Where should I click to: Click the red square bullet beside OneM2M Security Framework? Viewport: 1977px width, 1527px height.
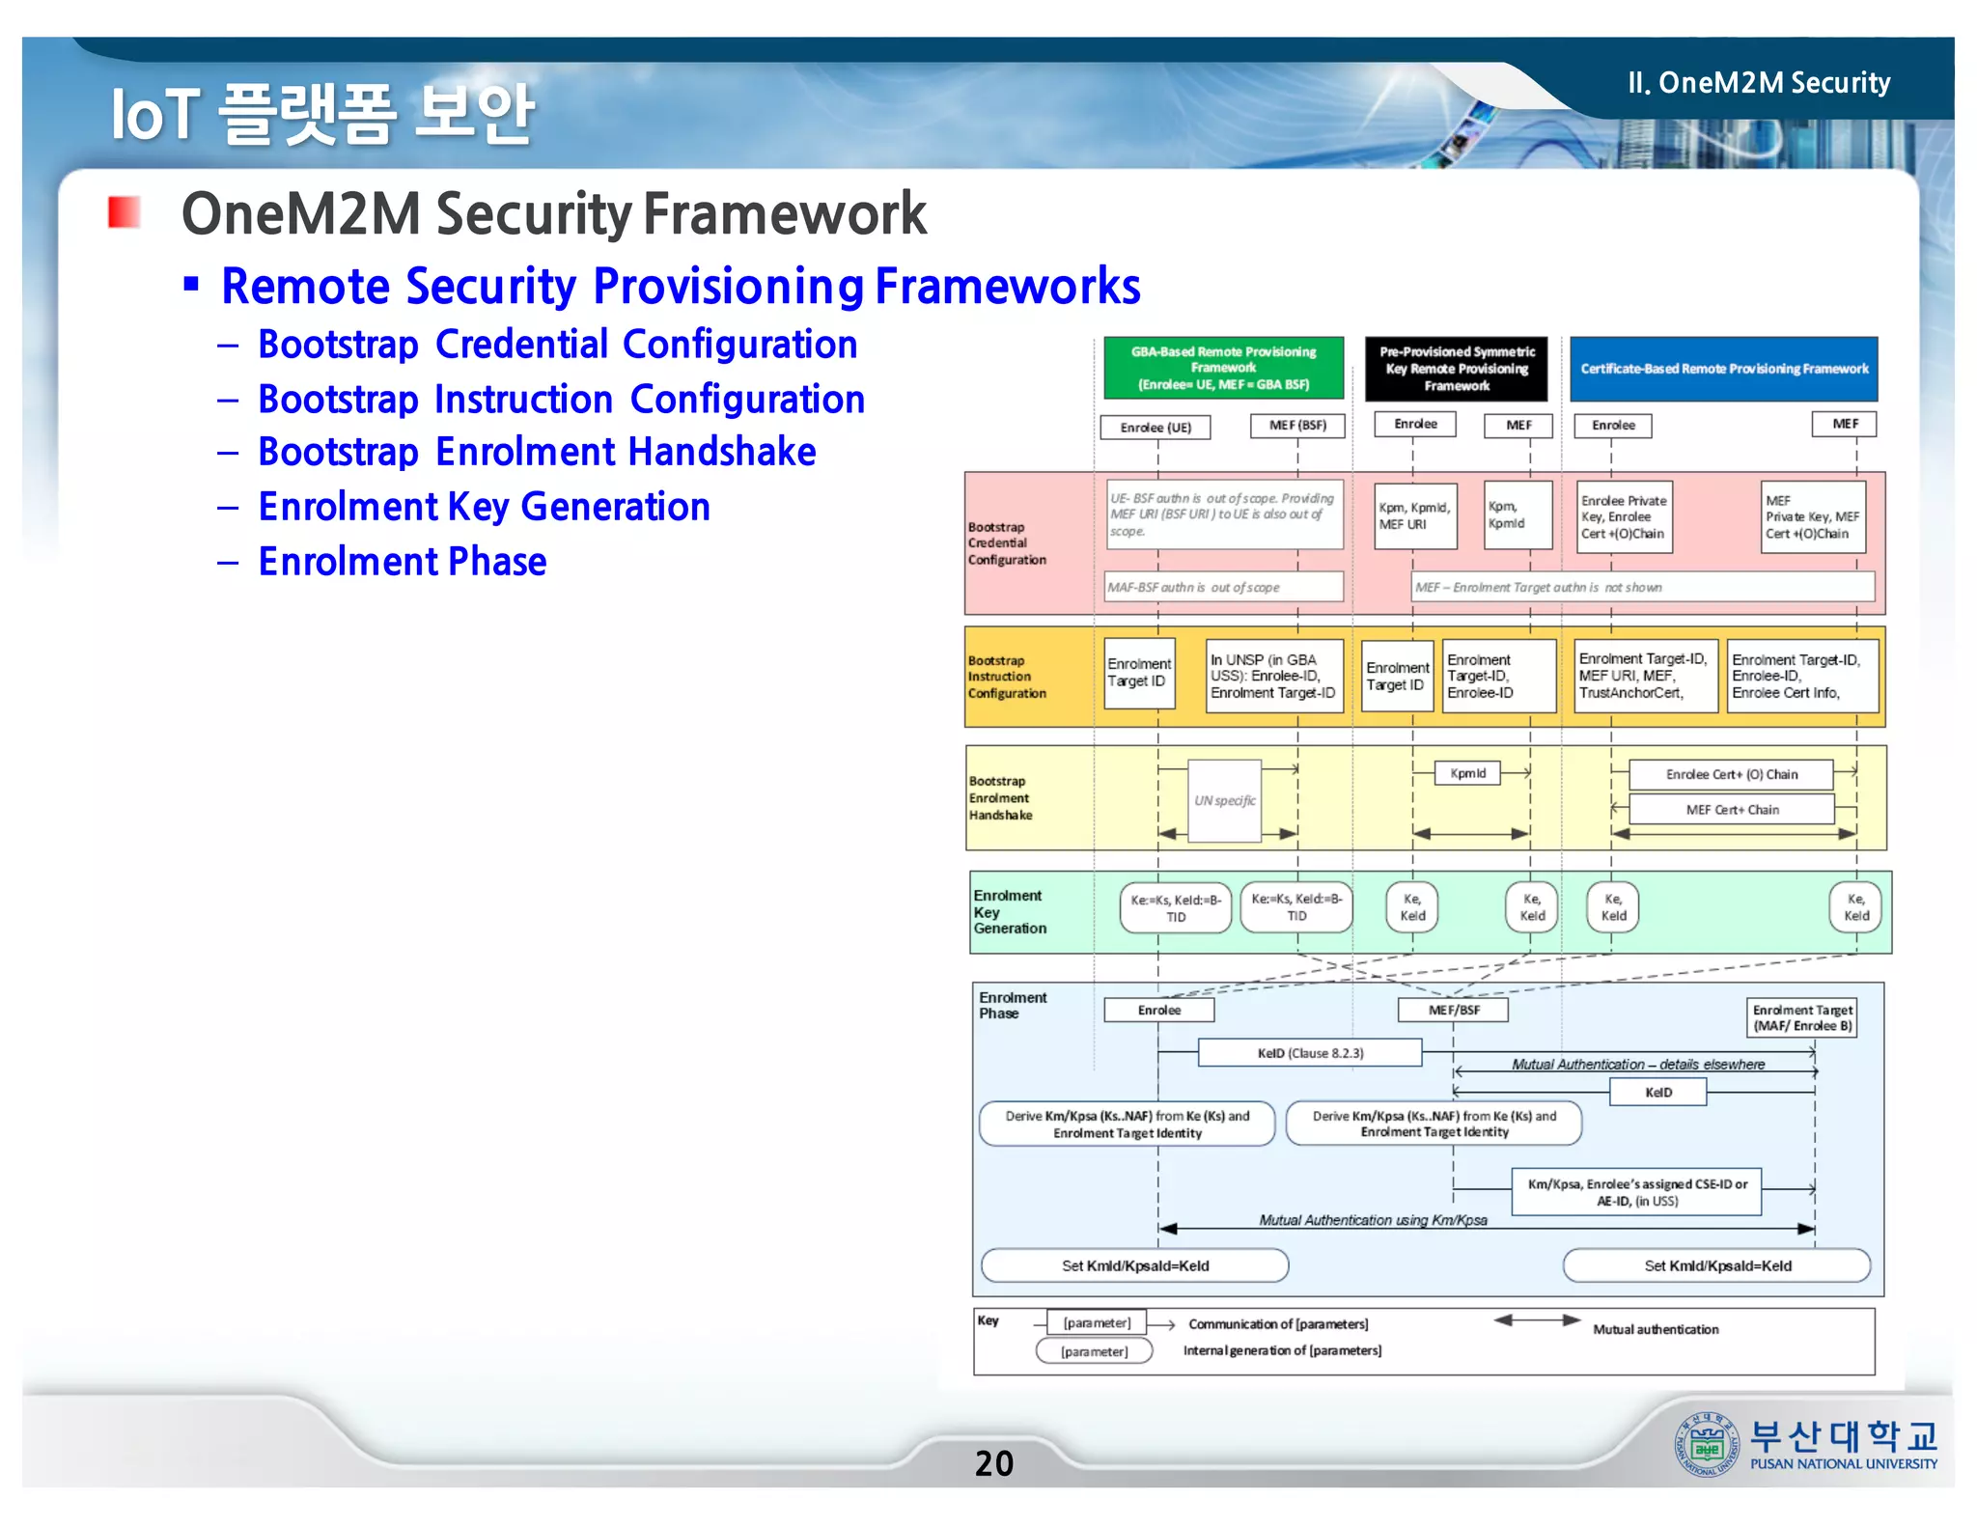tap(124, 211)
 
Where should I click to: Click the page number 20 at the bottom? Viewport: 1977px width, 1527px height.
tap(993, 1463)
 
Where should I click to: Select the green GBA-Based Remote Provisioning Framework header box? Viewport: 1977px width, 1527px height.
tap(1223, 368)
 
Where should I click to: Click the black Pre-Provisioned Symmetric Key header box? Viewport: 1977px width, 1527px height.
tap(1456, 369)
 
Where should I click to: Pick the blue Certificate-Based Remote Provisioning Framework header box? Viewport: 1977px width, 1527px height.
tap(1723, 369)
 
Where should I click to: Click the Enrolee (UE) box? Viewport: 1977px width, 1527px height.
tap(1156, 427)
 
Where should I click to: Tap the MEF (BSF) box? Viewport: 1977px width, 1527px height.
tap(1297, 426)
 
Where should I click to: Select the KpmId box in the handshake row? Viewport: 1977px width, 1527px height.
tap(1467, 773)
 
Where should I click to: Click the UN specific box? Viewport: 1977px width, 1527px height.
tap(1224, 800)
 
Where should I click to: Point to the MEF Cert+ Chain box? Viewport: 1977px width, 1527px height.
tap(1732, 810)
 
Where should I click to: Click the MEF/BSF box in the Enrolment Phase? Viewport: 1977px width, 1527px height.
tap(1453, 1010)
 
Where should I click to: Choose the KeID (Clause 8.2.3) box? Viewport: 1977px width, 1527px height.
tap(1310, 1053)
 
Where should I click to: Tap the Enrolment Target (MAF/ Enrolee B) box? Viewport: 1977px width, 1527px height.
tap(1802, 1017)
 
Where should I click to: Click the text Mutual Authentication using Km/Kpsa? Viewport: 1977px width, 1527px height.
tap(1373, 1220)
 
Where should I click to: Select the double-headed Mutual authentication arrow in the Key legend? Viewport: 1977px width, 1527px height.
tap(1537, 1320)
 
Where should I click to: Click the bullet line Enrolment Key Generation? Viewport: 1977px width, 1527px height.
tap(484, 507)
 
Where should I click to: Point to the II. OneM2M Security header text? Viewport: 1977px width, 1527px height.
tap(1759, 83)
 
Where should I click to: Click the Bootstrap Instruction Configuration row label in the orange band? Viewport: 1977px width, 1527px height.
tap(1007, 677)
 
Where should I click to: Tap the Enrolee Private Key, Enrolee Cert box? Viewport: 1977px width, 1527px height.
tap(1623, 517)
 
